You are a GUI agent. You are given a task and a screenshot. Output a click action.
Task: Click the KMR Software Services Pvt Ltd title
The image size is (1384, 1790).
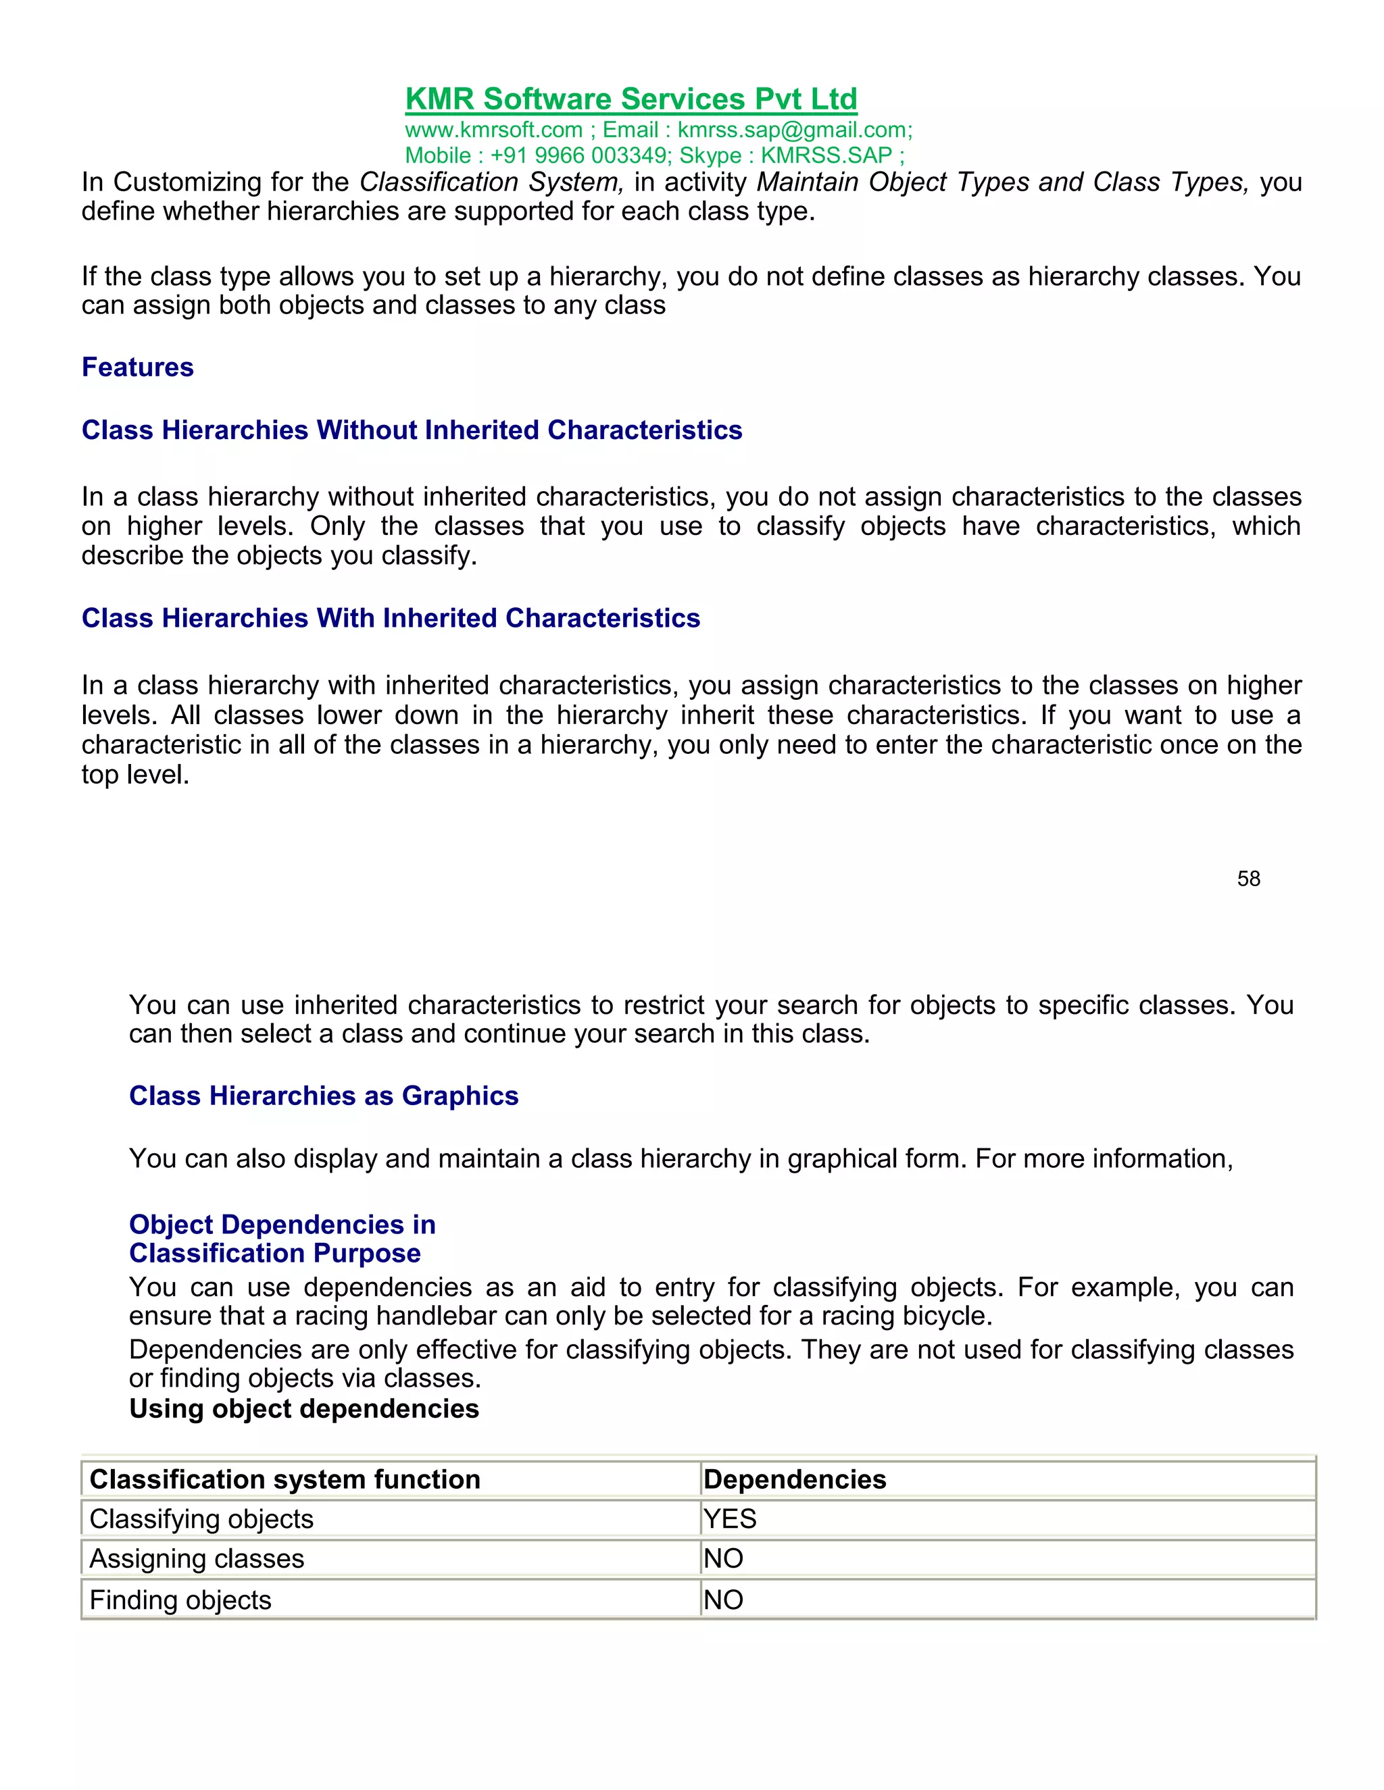click(x=631, y=99)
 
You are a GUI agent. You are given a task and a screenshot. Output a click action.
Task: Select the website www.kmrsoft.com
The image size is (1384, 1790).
click(x=493, y=130)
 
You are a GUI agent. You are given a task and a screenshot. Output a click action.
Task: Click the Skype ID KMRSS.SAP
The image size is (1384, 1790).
click(x=826, y=156)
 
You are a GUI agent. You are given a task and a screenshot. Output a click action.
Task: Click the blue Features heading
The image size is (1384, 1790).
click(x=138, y=367)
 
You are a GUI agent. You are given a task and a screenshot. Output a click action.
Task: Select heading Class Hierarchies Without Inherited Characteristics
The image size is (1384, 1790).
click(x=412, y=430)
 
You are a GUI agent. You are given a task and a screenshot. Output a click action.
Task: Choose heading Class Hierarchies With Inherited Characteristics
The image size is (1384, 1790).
click(x=391, y=618)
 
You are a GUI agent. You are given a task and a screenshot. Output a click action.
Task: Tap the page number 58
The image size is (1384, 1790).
click(x=1248, y=879)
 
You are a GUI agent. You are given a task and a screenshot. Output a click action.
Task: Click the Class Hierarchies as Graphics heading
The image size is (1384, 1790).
click(x=324, y=1096)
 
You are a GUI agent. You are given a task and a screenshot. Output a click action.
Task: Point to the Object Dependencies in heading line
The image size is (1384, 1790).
click(x=282, y=1225)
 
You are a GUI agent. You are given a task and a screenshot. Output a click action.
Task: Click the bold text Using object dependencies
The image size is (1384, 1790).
click(x=304, y=1409)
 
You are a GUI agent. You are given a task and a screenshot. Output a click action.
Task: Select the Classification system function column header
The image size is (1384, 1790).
click(x=285, y=1479)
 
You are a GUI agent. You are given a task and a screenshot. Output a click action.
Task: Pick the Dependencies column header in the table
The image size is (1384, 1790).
click(x=795, y=1479)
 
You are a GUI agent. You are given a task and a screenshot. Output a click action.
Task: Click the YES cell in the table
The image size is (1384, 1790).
click(x=730, y=1518)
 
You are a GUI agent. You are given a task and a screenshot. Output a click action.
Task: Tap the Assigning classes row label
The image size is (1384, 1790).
click(x=197, y=1558)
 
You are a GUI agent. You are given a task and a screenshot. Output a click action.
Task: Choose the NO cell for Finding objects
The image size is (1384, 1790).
click(x=723, y=1599)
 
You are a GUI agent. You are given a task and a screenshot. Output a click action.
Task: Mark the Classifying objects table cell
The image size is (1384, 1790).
click(x=201, y=1518)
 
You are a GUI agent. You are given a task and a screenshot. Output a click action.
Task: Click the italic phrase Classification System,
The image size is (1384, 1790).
click(x=491, y=182)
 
